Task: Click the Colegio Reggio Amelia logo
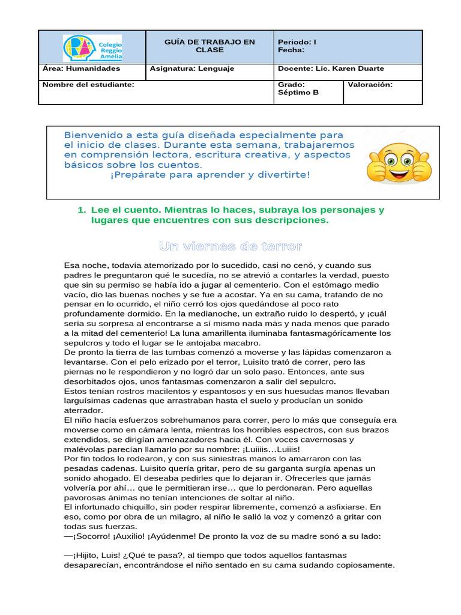92,47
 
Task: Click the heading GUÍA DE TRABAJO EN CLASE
209,46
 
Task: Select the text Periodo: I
297,42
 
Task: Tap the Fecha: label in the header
291,50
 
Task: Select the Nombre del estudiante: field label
88,85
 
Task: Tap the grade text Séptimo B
298,93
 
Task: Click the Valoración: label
370,85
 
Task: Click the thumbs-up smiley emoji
399,163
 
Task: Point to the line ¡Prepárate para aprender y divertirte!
210,175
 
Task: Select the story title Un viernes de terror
230,247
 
